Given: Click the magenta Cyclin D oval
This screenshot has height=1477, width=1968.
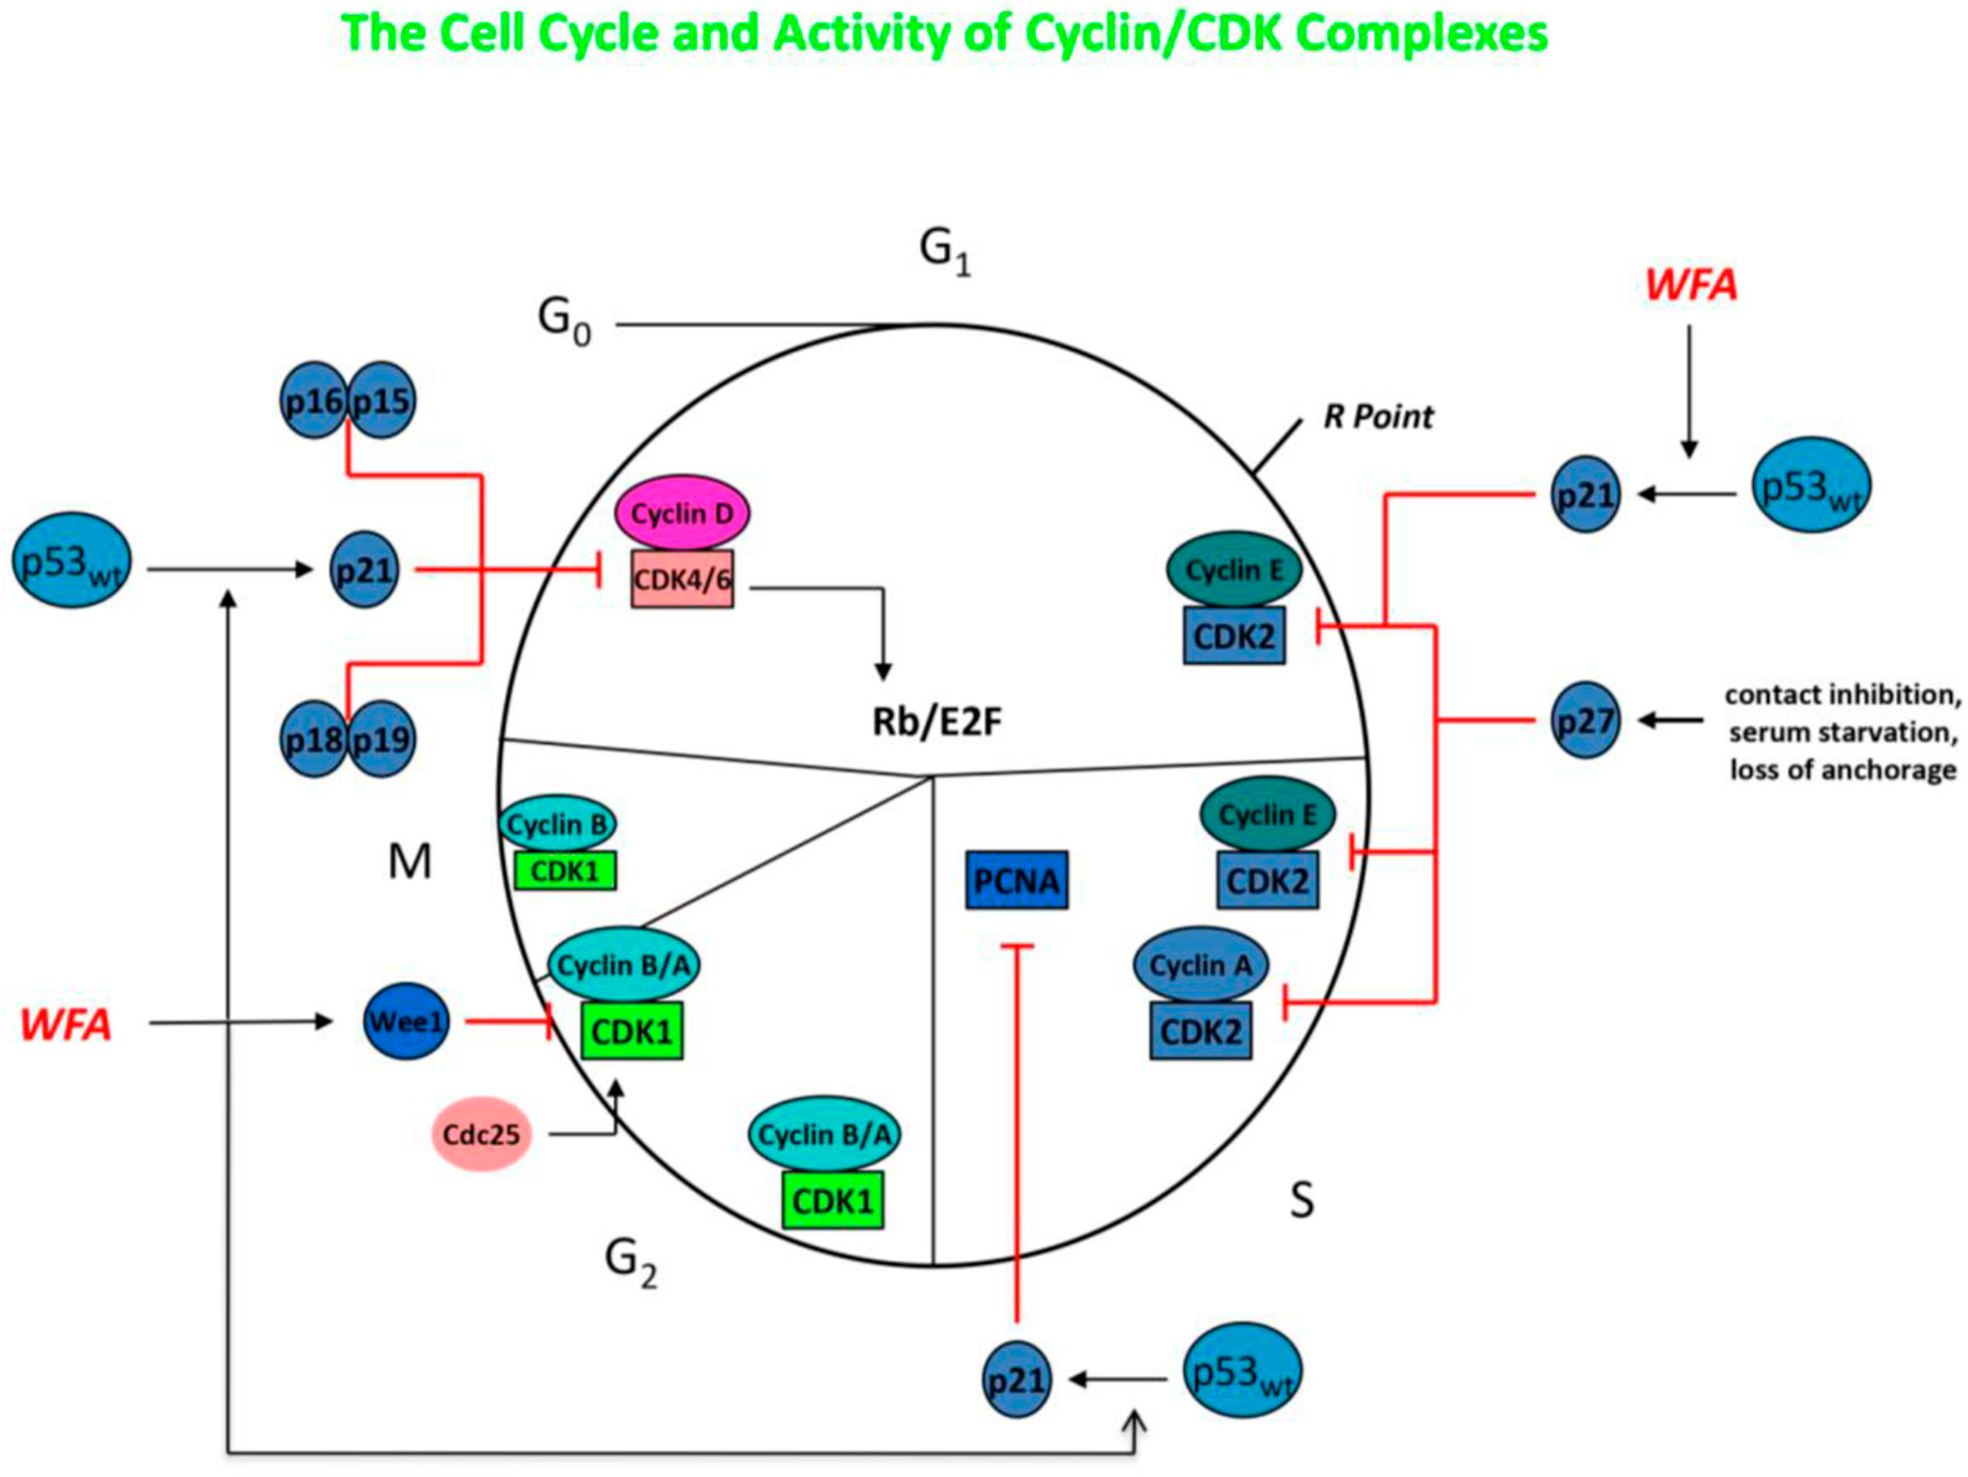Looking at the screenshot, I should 682,513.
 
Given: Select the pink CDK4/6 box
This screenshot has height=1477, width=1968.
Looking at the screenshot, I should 682,579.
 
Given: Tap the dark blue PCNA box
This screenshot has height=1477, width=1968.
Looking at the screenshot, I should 1016,880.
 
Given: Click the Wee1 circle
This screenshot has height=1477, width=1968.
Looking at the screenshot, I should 406,1022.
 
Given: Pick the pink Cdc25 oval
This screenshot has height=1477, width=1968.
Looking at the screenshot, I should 481,1134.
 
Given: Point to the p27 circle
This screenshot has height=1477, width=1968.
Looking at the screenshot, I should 1584,720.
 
